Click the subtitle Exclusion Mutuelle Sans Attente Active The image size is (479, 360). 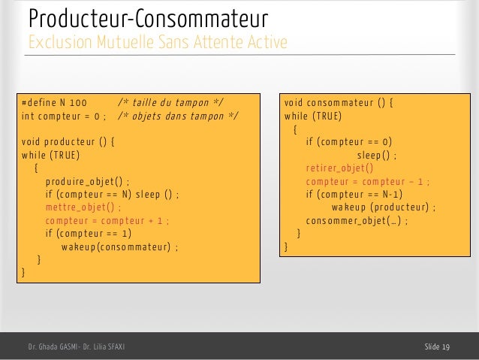click(157, 41)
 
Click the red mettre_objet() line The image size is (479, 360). click(82, 207)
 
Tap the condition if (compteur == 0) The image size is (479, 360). click(349, 141)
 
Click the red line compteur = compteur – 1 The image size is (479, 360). click(369, 181)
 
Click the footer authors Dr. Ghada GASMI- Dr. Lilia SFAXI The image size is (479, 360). click(76, 346)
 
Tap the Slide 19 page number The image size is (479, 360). click(437, 346)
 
